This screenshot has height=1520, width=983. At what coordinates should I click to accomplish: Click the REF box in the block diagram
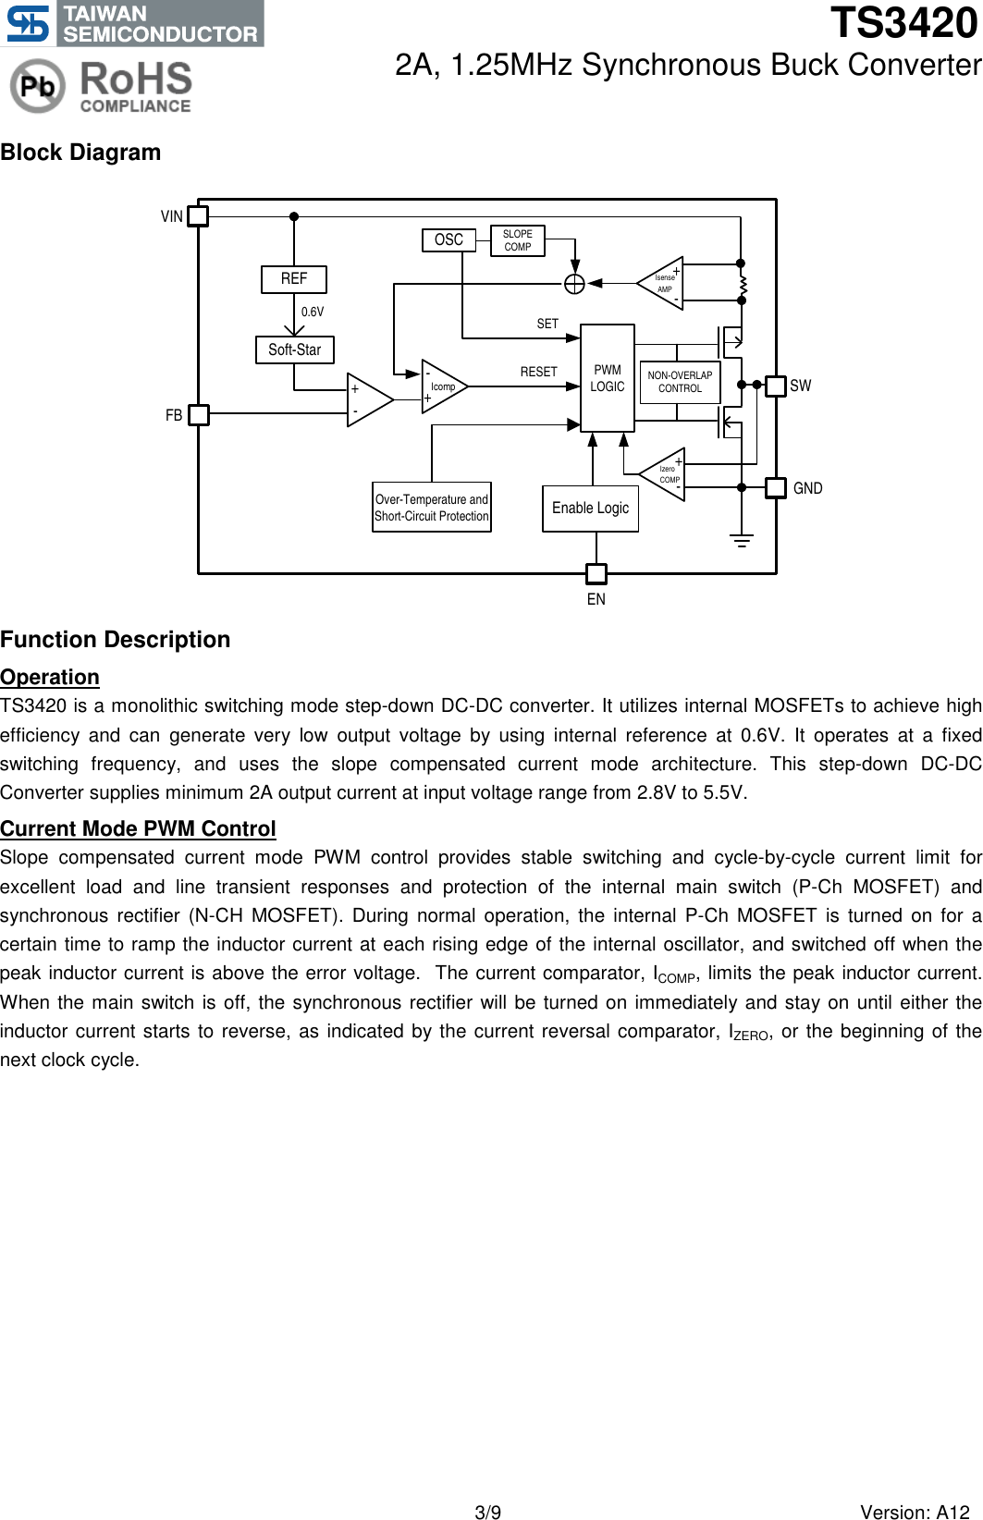[294, 278]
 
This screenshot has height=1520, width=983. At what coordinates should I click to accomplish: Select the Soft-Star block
[295, 349]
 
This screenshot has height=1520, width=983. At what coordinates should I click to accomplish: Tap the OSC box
[448, 239]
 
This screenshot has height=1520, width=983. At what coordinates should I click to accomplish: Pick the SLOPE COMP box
[518, 241]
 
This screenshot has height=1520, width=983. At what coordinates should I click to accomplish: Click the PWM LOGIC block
[608, 378]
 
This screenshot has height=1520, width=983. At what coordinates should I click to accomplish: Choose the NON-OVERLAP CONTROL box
[680, 382]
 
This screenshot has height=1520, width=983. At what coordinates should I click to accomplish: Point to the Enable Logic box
[590, 509]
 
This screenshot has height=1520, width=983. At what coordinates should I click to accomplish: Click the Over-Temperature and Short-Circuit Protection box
[432, 508]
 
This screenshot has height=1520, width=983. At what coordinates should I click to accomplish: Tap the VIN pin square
[198, 216]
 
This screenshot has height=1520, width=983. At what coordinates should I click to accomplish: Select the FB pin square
[198, 415]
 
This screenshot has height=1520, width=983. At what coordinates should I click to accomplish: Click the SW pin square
[776, 385]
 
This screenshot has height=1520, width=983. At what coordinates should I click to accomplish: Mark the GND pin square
[776, 487]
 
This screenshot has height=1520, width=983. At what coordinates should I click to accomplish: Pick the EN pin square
[596, 574]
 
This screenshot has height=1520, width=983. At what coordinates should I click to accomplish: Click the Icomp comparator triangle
[442, 386]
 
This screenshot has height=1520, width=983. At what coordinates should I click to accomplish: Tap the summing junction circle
[575, 284]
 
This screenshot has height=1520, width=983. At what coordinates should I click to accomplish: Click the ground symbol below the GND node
[742, 540]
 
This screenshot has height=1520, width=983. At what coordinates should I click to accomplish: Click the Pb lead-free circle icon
[38, 86]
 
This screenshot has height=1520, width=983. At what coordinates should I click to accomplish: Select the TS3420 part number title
[903, 23]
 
